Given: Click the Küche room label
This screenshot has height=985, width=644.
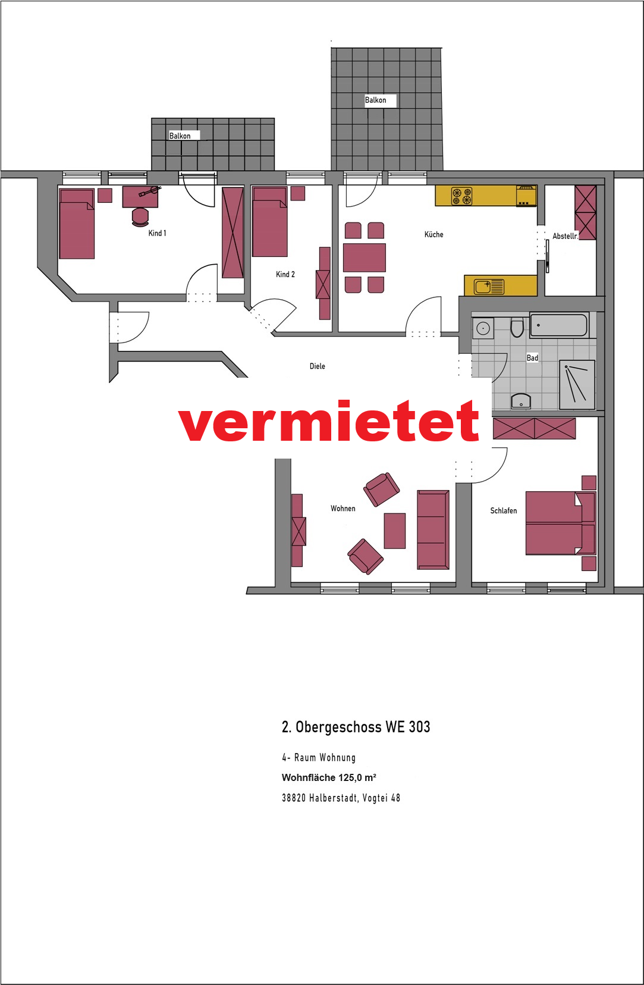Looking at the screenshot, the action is click(x=433, y=234).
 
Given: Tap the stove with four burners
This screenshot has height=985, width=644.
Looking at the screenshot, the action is click(x=461, y=196).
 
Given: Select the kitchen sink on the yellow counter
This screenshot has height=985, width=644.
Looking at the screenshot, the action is click(x=489, y=287).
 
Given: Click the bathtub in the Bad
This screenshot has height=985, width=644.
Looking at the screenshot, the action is click(x=559, y=325).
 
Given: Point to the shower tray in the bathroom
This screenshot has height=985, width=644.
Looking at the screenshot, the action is click(x=577, y=385).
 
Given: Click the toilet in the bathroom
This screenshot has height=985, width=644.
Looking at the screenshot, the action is click(x=517, y=327).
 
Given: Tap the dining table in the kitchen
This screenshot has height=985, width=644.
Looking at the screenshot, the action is click(x=365, y=257).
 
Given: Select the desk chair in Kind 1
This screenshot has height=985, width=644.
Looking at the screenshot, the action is click(x=140, y=217).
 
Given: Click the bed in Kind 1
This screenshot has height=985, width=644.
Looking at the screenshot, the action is click(x=77, y=224).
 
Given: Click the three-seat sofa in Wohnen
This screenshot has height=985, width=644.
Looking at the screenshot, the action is click(x=433, y=530).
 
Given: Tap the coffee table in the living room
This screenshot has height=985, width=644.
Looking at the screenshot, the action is click(x=395, y=531).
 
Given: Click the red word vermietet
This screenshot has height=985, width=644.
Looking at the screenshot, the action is click(x=328, y=421).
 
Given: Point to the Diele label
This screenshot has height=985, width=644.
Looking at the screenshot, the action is click(x=318, y=366).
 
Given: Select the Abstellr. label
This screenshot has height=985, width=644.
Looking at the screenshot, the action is click(x=566, y=236).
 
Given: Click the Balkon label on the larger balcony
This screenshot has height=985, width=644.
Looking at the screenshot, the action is click(x=375, y=101).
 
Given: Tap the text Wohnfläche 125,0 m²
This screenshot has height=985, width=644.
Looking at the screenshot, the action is click(x=329, y=777).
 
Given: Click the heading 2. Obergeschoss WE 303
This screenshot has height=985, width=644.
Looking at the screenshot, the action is click(x=356, y=727).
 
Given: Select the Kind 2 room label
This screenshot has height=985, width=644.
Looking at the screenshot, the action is click(x=285, y=274).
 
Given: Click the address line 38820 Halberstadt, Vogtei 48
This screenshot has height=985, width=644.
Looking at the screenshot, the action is click(x=341, y=798).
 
